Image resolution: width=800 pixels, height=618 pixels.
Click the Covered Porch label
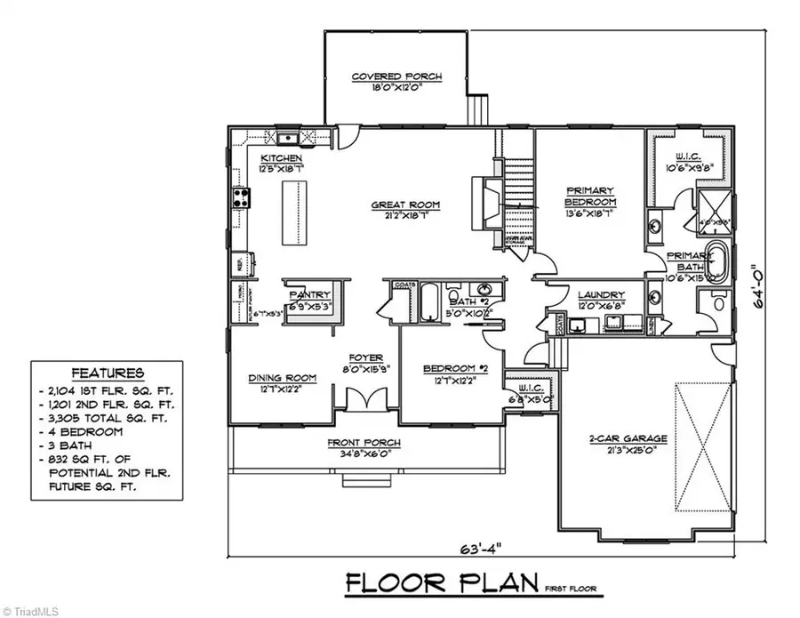point(396,76)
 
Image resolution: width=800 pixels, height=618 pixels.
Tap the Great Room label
point(405,205)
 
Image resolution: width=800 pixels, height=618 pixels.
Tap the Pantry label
point(309,294)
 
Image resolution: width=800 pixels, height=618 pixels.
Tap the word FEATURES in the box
point(108,373)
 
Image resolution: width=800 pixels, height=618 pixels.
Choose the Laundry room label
point(601,295)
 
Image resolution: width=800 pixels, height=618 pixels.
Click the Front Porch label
point(364,443)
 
